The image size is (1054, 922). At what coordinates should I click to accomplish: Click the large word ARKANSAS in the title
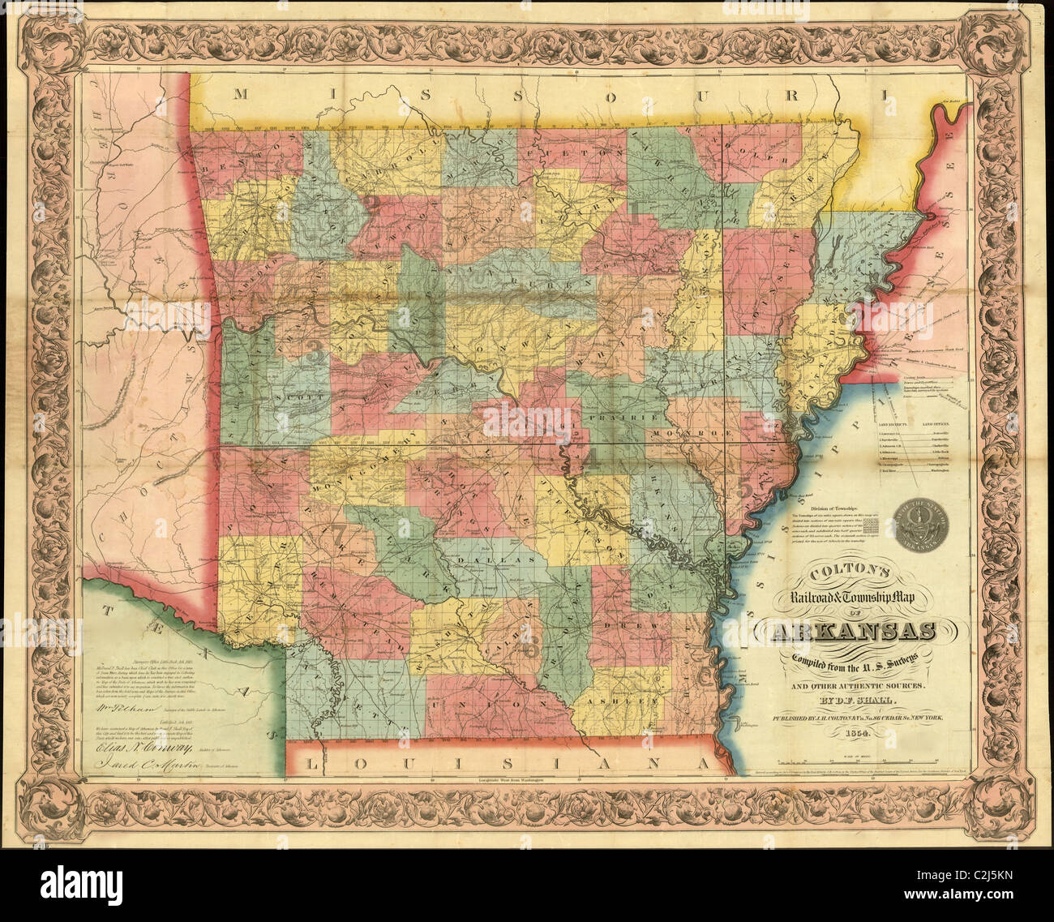846,633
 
